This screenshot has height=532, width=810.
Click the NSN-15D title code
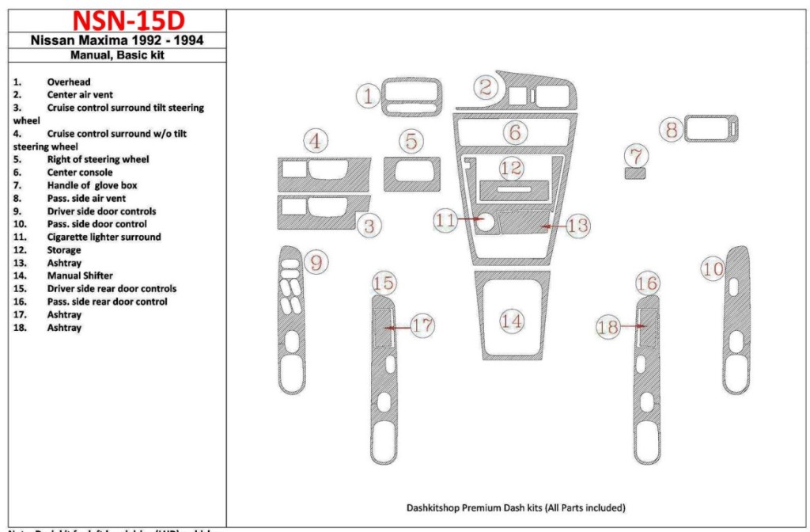click(116, 21)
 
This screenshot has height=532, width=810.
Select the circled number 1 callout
click(368, 97)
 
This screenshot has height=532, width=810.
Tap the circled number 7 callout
click(635, 154)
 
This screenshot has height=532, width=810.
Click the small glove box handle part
click(634, 173)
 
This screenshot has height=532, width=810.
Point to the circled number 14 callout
click(512, 321)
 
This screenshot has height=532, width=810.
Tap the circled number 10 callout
click(713, 270)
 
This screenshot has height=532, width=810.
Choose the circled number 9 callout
click(316, 263)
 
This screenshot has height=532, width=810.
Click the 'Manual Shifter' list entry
click(80, 275)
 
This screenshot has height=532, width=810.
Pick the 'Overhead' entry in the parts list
click(69, 82)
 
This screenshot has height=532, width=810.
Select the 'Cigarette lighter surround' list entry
click(104, 237)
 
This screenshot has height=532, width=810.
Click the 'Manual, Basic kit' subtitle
click(117, 55)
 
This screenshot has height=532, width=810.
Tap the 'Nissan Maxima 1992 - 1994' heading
click(117, 40)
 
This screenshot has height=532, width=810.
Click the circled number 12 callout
click(511, 168)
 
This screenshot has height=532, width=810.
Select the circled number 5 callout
click(411, 142)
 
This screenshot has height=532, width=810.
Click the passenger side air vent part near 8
click(712, 129)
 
